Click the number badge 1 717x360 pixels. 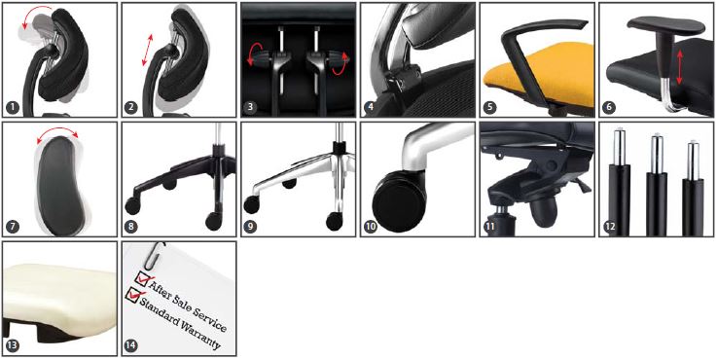[x=13, y=108]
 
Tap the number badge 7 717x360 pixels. [x=13, y=227]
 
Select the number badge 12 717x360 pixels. [x=609, y=227]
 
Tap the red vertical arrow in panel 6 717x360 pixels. [x=680, y=67]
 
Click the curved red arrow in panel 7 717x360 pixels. [x=57, y=130]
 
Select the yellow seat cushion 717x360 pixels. [x=537, y=73]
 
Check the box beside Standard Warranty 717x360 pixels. [x=132, y=295]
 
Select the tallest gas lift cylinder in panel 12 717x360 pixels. [x=619, y=183]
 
